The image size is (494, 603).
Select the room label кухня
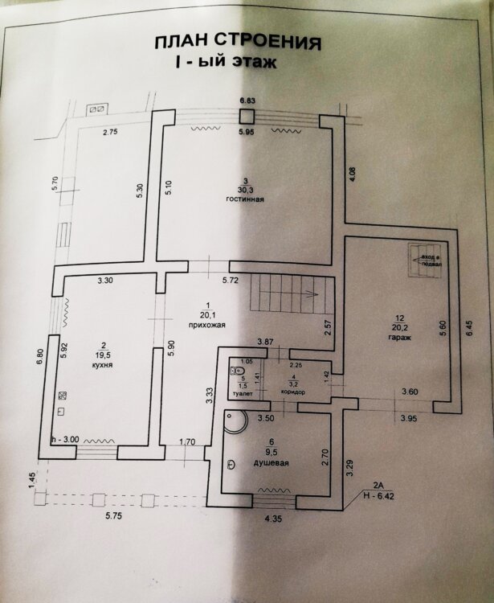point(102,364)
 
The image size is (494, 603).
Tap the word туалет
point(241,394)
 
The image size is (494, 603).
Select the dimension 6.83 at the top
point(247,100)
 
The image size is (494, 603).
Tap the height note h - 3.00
point(65,439)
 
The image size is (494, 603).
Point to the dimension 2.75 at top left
point(111,132)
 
